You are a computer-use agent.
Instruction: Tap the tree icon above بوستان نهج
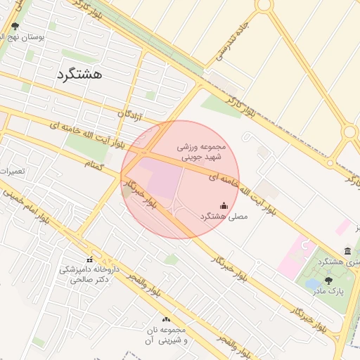pos(15,27)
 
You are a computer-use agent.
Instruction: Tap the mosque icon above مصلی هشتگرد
pos(224,205)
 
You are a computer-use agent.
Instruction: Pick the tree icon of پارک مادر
pos(328,280)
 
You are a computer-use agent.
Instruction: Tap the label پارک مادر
pos(331,291)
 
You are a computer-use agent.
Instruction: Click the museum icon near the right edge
pos(347,251)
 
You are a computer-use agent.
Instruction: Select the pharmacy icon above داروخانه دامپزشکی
pos(89,259)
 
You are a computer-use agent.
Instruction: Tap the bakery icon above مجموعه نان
pos(167,319)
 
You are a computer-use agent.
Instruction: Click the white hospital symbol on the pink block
pos(304,245)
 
